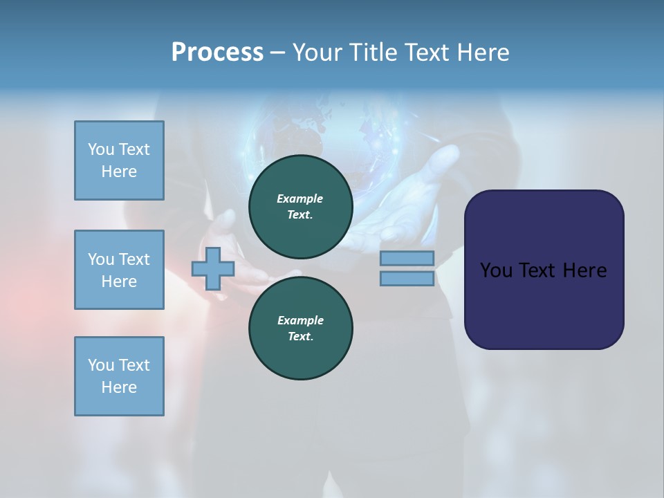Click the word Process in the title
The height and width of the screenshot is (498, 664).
click(x=217, y=53)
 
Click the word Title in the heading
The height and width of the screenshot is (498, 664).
click(x=373, y=53)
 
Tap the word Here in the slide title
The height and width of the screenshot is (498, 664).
click(x=483, y=53)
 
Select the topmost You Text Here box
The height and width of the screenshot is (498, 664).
click(x=119, y=160)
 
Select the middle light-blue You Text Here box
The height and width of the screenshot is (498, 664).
click(x=119, y=270)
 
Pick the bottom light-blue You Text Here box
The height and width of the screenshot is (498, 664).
click(x=119, y=376)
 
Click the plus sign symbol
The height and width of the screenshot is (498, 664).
click(x=212, y=269)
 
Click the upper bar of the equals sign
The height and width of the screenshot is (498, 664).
click(x=407, y=259)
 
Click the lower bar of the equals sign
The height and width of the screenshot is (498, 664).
click(x=407, y=279)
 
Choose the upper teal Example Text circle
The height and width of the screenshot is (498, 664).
click(x=301, y=207)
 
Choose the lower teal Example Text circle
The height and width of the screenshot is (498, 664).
click(x=301, y=329)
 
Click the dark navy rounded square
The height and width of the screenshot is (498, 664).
click(x=544, y=270)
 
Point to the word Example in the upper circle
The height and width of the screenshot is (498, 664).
click(x=299, y=199)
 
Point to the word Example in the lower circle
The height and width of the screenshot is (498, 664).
click(x=300, y=320)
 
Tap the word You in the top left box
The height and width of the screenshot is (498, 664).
click(x=100, y=149)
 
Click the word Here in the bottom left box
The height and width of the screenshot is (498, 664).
click(x=119, y=387)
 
